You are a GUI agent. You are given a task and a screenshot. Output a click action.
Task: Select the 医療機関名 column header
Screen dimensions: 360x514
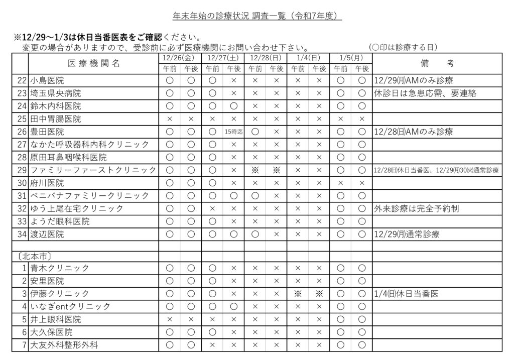click(x=94, y=64)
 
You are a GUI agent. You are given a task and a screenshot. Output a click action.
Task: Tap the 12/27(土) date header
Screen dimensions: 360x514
click(x=222, y=59)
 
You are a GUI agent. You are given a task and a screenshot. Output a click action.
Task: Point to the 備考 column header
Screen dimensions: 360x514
click(x=437, y=64)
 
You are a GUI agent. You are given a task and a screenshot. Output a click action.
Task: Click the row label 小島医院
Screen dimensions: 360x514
click(x=47, y=80)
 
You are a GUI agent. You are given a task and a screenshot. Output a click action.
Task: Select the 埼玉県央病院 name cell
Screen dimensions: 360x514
click(x=55, y=93)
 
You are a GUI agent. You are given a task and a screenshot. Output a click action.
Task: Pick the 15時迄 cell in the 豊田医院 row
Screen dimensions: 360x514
click(x=233, y=132)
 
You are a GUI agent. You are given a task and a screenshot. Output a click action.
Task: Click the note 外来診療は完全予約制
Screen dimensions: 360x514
click(x=416, y=208)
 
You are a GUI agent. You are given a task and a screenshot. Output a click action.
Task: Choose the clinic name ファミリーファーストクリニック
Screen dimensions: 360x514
click(x=93, y=170)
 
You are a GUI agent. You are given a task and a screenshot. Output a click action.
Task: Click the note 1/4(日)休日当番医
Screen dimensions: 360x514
click(x=406, y=294)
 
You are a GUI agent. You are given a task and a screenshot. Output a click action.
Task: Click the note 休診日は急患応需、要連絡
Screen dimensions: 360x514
click(x=425, y=93)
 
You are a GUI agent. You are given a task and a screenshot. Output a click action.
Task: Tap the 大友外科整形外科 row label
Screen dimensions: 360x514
click(x=64, y=345)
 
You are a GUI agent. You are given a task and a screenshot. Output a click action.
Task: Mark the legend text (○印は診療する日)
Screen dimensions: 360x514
click(x=404, y=47)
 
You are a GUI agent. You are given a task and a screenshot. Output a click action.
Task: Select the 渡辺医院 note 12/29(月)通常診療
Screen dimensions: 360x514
click(x=407, y=234)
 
